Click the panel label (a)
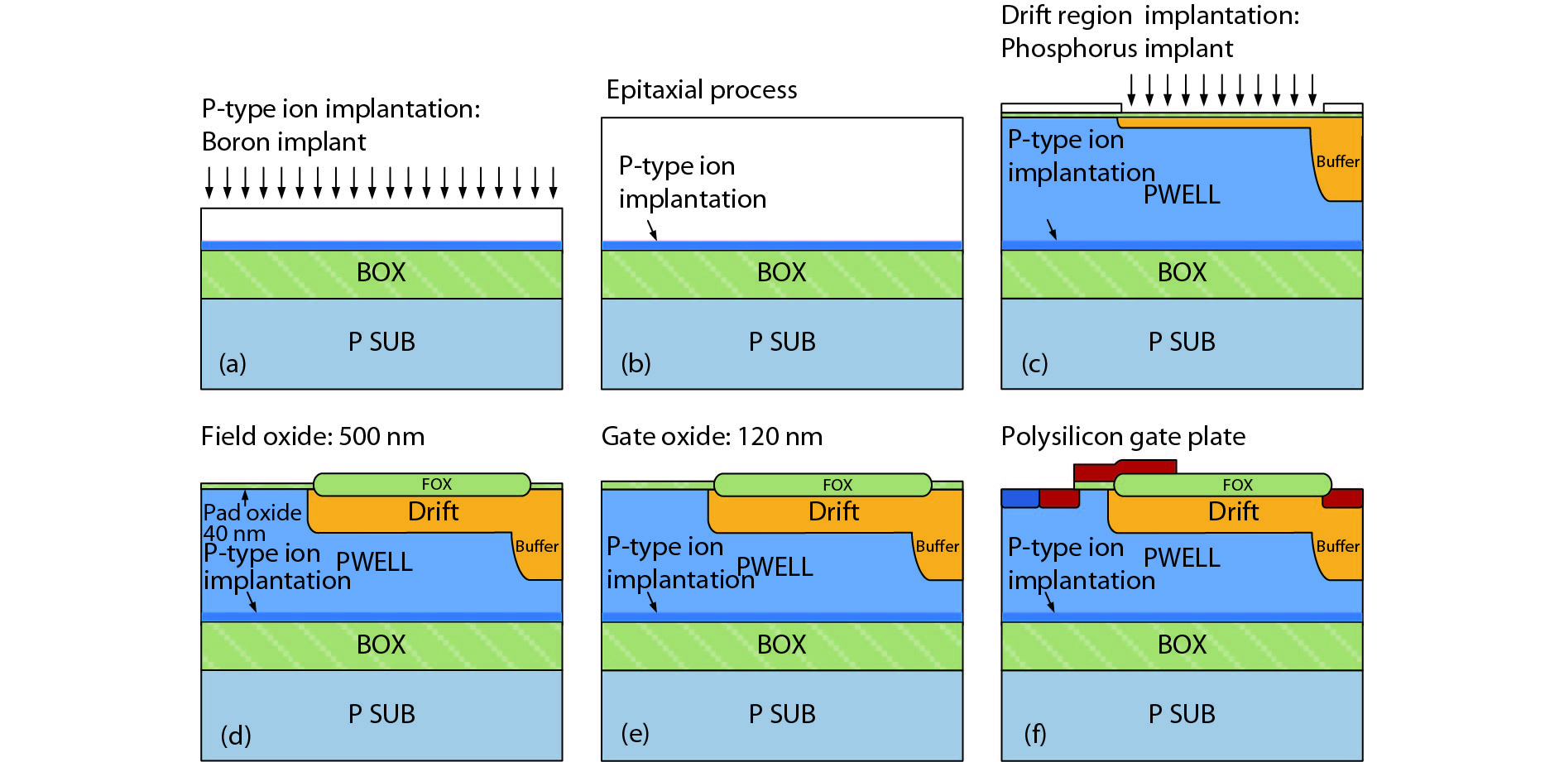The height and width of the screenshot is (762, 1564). pyautogui.click(x=233, y=363)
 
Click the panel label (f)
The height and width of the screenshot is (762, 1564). pyautogui.click(x=1035, y=734)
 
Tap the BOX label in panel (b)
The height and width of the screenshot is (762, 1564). pyautogui.click(x=781, y=272)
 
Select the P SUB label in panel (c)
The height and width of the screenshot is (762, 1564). pyautogui.click(x=1182, y=342)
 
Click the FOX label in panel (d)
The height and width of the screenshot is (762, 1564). pyautogui.click(x=437, y=484)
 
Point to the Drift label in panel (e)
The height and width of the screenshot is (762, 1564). pyautogui.click(x=833, y=511)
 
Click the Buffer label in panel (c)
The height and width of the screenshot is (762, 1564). pyautogui.click(x=1337, y=161)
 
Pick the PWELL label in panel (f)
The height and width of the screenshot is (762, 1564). pyautogui.click(x=1182, y=558)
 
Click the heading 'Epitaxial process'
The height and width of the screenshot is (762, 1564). pyautogui.click(x=702, y=89)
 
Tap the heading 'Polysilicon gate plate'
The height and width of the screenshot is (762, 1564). pyautogui.click(x=1123, y=436)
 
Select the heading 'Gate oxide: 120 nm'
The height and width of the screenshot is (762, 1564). pyautogui.click(x=712, y=436)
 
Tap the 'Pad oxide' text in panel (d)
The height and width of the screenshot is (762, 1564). pyautogui.click(x=252, y=512)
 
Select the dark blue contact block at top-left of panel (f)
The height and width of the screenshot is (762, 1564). pyautogui.click(x=1019, y=498)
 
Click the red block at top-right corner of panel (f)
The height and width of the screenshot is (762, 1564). pyautogui.click(x=1342, y=498)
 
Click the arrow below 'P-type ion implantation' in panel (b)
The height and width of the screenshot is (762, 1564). pyautogui.click(x=652, y=229)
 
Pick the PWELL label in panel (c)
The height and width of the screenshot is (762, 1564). pyautogui.click(x=1182, y=194)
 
